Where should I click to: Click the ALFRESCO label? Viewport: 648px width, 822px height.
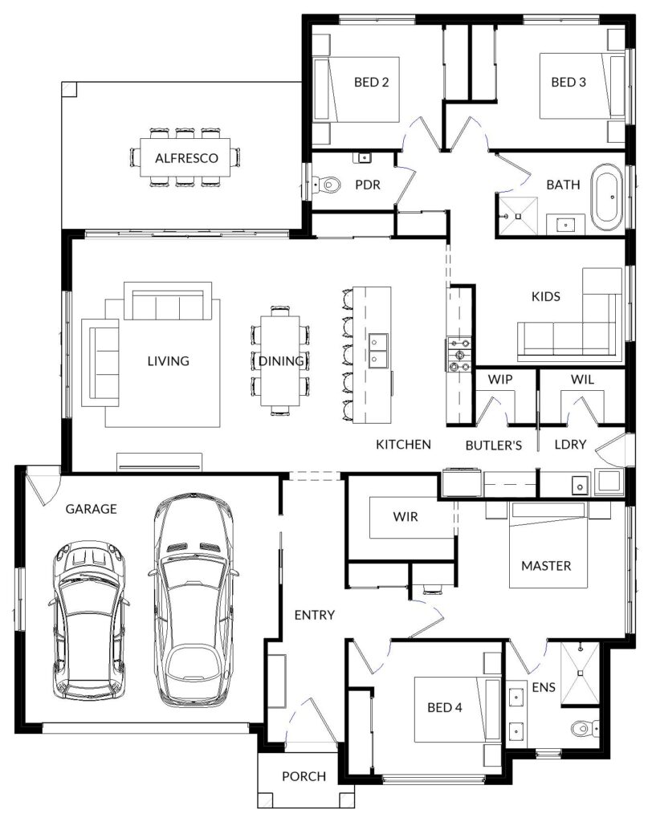tap(186, 158)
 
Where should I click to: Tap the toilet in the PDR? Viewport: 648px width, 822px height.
tap(328, 185)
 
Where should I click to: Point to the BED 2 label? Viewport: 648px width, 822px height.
tap(371, 82)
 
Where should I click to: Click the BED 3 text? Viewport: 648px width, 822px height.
tap(569, 82)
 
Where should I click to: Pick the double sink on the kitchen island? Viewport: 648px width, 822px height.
tap(378, 351)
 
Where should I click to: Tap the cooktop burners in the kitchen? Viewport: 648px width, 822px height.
tap(458, 355)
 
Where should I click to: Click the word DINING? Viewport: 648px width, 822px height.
tap(281, 360)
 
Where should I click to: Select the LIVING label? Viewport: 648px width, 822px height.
tap(168, 360)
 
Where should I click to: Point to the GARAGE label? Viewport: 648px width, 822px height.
tap(91, 508)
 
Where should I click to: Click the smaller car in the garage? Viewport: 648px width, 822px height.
tap(90, 621)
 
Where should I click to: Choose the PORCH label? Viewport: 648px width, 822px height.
tap(304, 776)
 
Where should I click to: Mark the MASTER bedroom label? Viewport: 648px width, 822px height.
tap(546, 566)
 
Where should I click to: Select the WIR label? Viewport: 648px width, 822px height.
tap(406, 516)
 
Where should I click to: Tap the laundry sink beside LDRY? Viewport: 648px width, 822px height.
tap(580, 486)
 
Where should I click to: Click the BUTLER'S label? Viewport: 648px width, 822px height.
tap(493, 446)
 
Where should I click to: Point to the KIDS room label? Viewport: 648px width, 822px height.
tap(546, 296)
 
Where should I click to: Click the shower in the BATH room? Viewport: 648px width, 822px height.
tap(518, 215)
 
